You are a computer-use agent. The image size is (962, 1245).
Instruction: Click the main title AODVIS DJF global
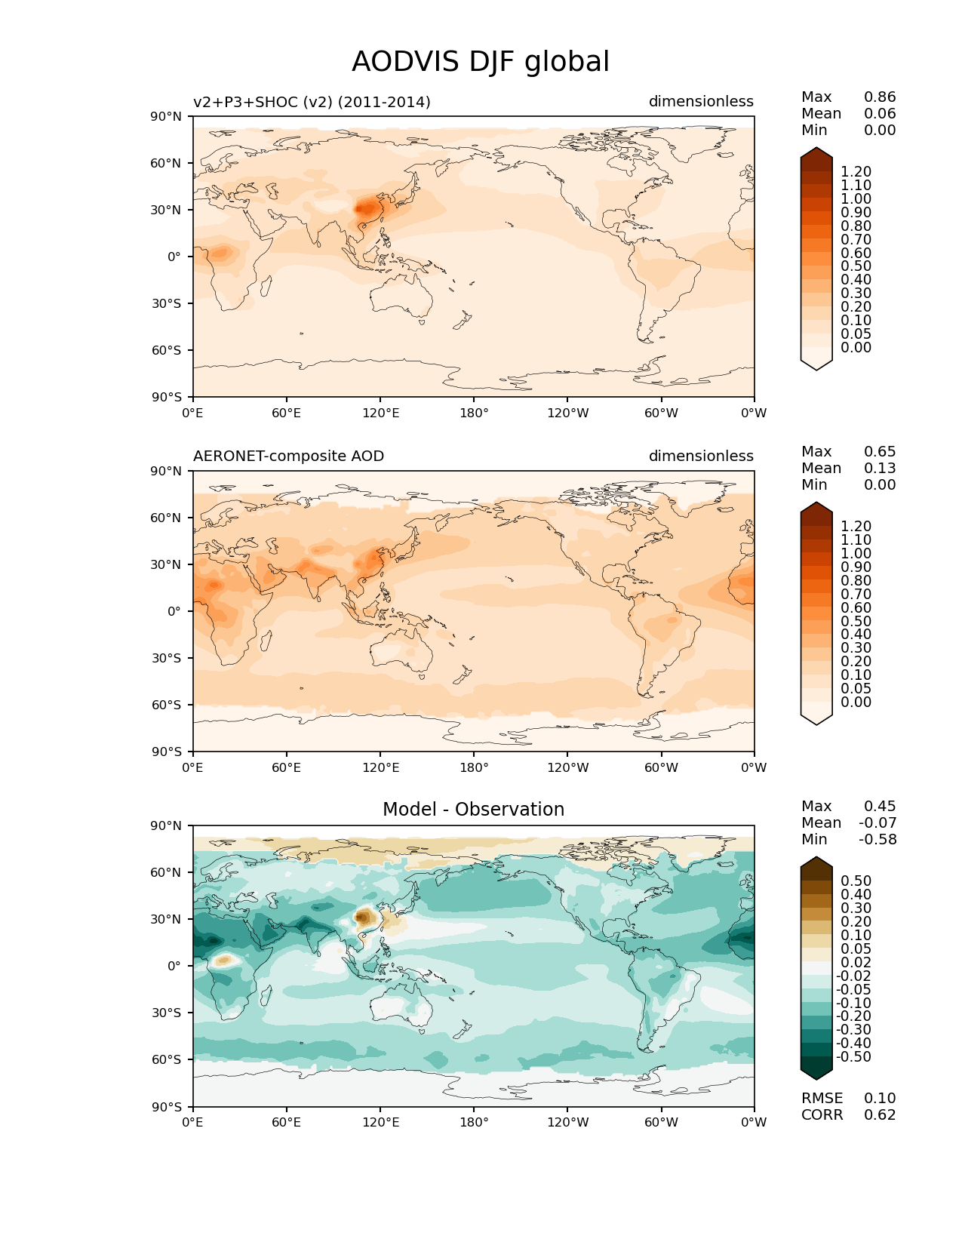click(x=480, y=62)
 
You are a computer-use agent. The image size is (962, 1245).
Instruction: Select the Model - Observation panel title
click(x=473, y=810)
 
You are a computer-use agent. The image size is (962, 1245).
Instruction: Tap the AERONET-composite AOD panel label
click(x=288, y=456)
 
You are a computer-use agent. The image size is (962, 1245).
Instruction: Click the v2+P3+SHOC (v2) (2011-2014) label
click(x=312, y=102)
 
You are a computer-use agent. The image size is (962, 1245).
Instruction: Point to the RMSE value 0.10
click(x=880, y=1099)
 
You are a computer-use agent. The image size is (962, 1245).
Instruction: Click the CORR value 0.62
click(x=880, y=1115)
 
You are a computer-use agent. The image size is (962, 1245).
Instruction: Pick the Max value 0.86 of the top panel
click(x=880, y=97)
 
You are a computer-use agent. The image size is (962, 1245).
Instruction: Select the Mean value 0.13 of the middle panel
click(x=880, y=469)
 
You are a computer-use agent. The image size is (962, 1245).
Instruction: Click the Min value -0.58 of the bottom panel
click(x=877, y=840)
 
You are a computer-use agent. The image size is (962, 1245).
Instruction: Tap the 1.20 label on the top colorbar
click(x=856, y=172)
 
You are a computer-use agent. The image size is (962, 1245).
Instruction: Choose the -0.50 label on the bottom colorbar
click(x=853, y=1057)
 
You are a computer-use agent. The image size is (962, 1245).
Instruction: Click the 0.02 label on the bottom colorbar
click(x=856, y=963)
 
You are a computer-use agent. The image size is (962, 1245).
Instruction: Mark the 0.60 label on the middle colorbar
click(x=856, y=608)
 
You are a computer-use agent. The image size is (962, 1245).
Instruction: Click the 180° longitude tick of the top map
click(x=474, y=413)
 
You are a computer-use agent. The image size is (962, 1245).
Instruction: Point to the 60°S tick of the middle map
click(x=167, y=705)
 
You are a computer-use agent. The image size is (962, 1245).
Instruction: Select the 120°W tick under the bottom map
click(x=567, y=1123)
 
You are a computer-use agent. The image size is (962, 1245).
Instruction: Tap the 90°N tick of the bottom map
click(x=167, y=825)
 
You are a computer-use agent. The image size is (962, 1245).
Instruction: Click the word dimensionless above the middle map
click(x=701, y=456)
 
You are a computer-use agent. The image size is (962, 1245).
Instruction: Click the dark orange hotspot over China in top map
click(x=365, y=207)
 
